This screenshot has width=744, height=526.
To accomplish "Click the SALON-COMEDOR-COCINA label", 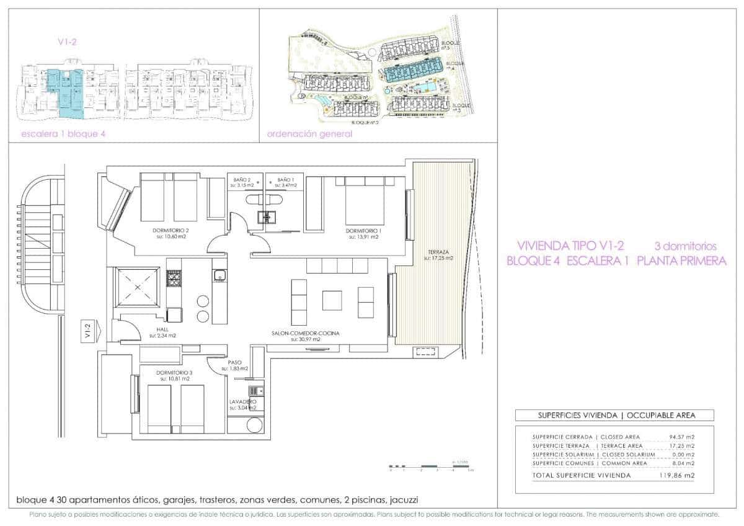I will pyautogui.click(x=305, y=333).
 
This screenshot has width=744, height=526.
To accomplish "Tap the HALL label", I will pyautogui.click(x=162, y=330).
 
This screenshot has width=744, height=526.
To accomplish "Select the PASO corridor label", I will pyautogui.click(x=234, y=362).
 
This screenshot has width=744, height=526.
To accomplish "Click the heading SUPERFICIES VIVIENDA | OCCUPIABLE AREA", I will pyautogui.click(x=614, y=415).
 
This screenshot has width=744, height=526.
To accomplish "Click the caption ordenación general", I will pyautogui.click(x=309, y=133).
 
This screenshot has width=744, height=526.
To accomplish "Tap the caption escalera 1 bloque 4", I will pyautogui.click(x=59, y=133).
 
